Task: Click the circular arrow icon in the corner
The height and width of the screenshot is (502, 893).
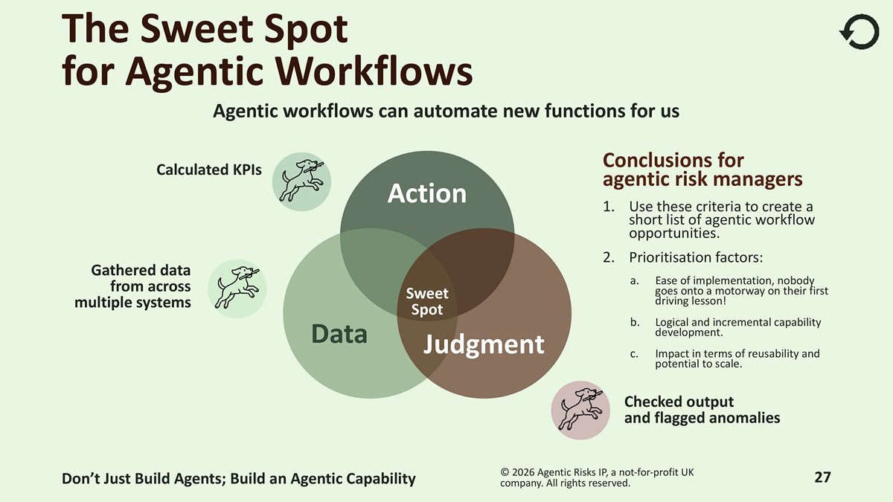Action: tap(859, 33)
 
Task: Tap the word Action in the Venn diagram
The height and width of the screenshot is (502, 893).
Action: tap(426, 193)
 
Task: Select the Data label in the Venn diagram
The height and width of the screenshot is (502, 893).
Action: tap(339, 334)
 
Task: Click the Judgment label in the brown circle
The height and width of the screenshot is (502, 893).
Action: tap(484, 344)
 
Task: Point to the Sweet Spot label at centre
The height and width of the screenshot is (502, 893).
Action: tap(426, 302)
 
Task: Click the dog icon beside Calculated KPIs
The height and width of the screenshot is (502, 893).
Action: tap(301, 181)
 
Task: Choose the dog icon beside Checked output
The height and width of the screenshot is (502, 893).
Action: tap(580, 410)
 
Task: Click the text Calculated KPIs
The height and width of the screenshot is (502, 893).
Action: tap(208, 170)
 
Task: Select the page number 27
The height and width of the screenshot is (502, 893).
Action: tap(822, 477)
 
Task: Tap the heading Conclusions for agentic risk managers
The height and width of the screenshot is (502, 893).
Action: tap(702, 170)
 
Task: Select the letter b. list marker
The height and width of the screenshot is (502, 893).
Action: tap(634, 323)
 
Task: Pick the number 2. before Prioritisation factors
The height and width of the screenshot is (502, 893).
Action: tap(608, 258)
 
